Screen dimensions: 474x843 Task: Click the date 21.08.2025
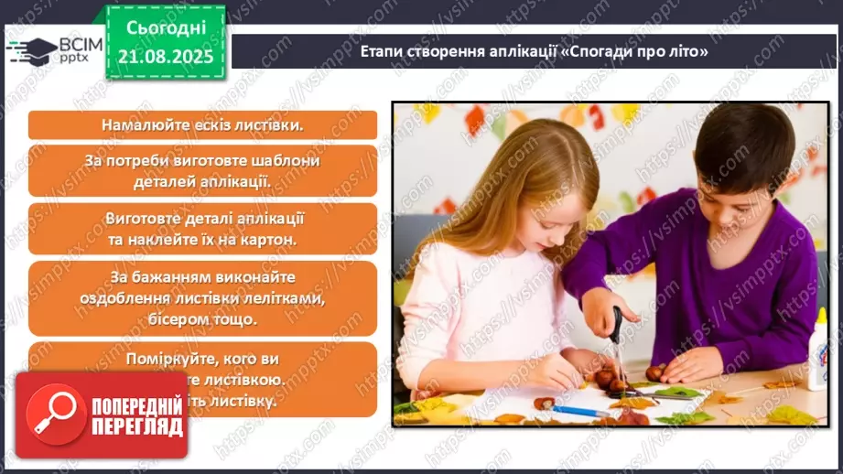point(165,56)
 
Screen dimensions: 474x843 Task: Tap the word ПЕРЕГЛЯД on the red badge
point(137,427)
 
